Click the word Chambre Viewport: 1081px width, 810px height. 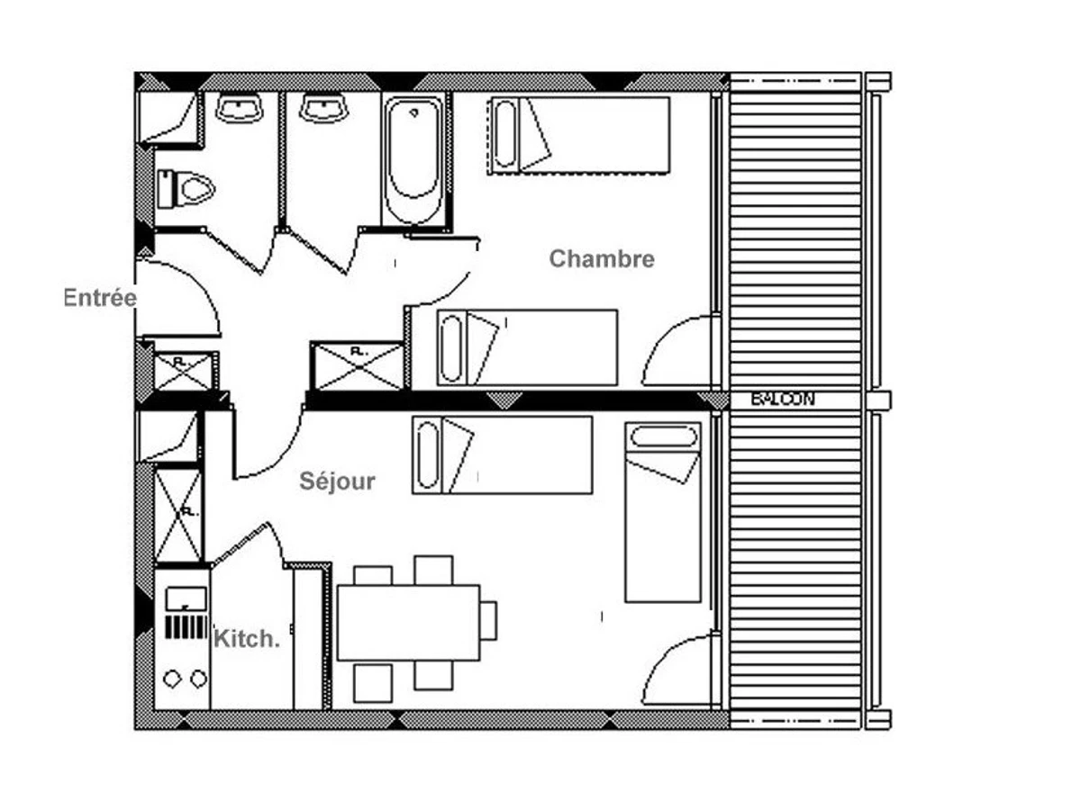pyautogui.click(x=602, y=259)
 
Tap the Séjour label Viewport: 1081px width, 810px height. pyautogui.click(x=337, y=481)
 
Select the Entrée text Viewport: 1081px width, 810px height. pyautogui.click(x=99, y=298)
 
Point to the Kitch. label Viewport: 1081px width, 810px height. pyautogui.click(x=247, y=639)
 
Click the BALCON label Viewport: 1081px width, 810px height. pyautogui.click(x=783, y=400)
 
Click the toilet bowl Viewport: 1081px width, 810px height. pyautogui.click(x=186, y=189)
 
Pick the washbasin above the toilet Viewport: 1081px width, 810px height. pyautogui.click(x=239, y=109)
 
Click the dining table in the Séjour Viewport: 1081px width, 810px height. pyautogui.click(x=408, y=622)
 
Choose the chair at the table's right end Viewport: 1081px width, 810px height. pyautogui.click(x=488, y=621)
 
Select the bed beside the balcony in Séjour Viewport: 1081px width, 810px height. pyautogui.click(x=663, y=511)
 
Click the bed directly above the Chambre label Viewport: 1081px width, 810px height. pyautogui.click(x=579, y=134)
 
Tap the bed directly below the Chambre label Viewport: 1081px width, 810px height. pyautogui.click(x=527, y=347)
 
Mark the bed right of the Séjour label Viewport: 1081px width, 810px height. pyautogui.click(x=502, y=454)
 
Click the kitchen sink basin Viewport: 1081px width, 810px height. pyautogui.click(x=186, y=598)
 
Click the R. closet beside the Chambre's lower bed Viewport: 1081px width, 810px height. pyautogui.click(x=357, y=365)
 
